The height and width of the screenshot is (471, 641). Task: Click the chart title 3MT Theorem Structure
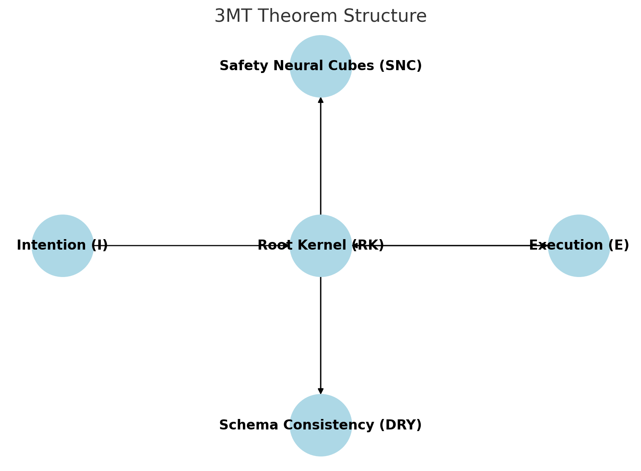(x=320, y=17)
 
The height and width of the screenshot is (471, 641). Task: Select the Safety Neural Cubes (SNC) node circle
(x=321, y=81)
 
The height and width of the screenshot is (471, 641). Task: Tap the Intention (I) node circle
(x=63, y=262)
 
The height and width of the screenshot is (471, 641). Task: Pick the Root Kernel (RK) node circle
(x=321, y=262)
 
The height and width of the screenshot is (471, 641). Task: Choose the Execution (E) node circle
(x=579, y=262)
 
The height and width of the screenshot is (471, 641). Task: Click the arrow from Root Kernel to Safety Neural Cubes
(x=321, y=157)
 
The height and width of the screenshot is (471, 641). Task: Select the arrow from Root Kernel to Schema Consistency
(x=321, y=335)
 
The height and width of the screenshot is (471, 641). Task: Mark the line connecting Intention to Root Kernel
(x=182, y=245)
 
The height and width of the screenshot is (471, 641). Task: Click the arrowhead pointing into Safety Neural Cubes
(x=321, y=100)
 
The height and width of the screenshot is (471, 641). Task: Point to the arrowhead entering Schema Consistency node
(x=321, y=391)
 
